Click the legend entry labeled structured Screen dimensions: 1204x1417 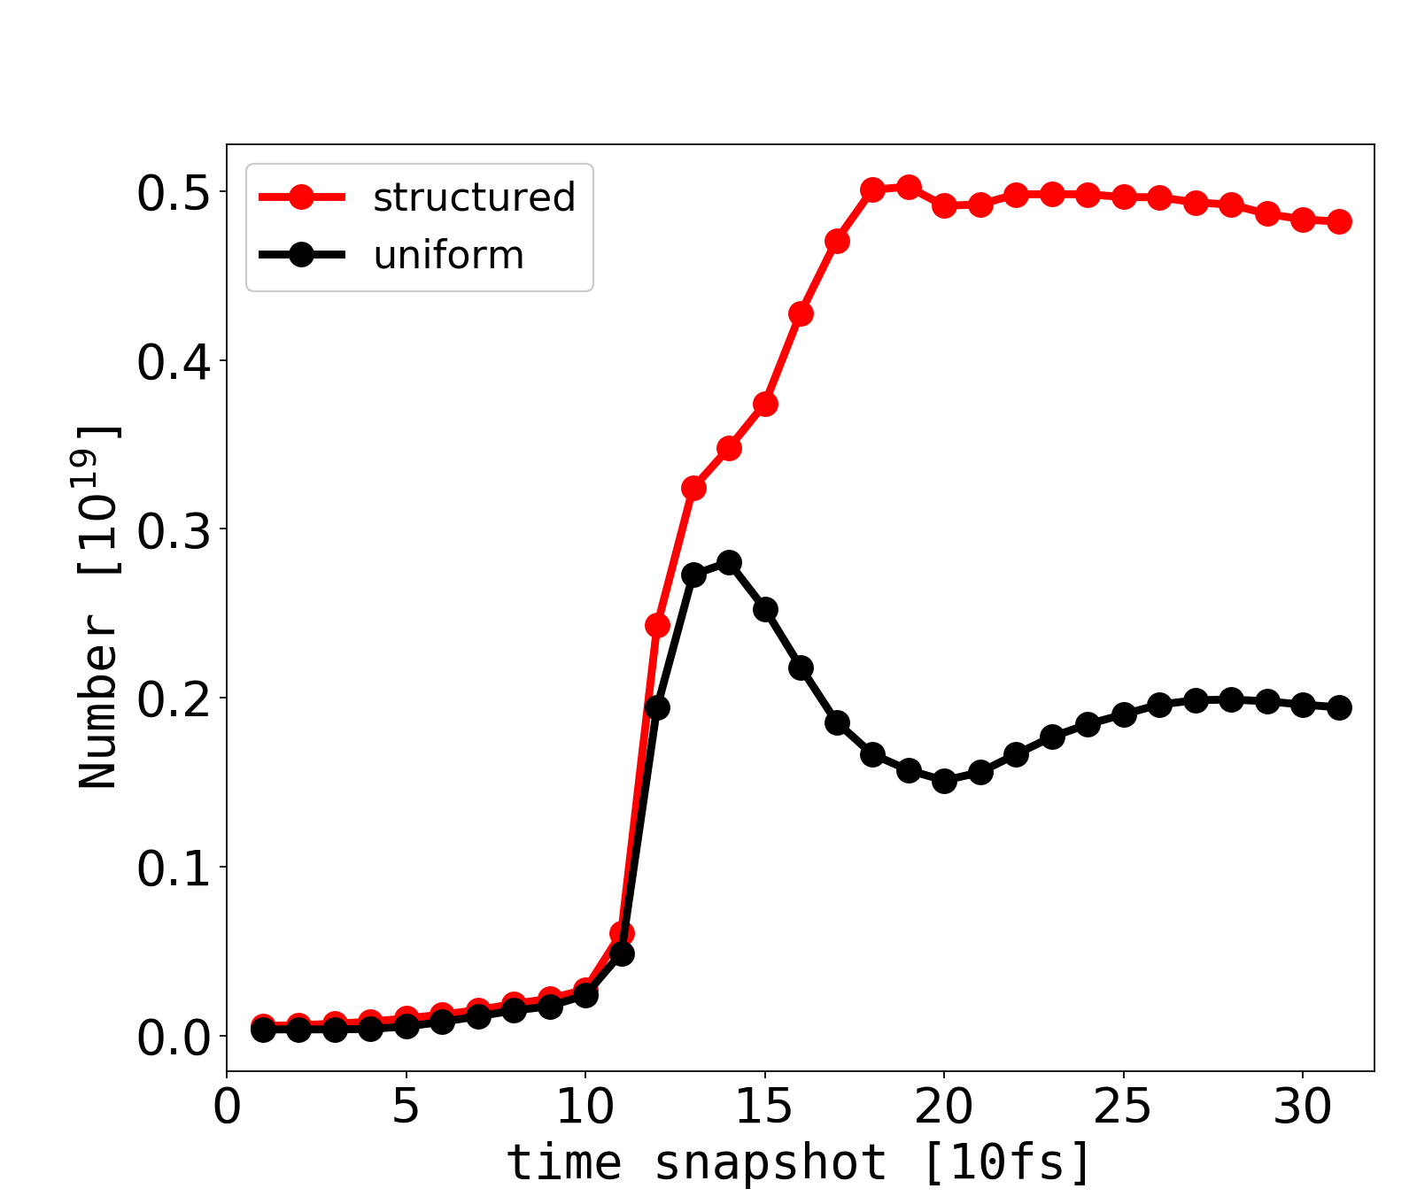(474, 197)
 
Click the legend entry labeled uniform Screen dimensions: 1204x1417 (448, 256)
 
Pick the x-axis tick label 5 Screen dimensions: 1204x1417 (406, 1108)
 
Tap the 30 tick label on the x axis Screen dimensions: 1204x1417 (1303, 1108)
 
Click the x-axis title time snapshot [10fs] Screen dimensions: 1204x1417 (800, 1162)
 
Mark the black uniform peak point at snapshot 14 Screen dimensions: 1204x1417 (729, 563)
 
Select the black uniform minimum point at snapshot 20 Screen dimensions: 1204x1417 (944, 781)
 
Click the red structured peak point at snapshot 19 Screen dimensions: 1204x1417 (909, 187)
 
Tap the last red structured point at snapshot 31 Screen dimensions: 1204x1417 (1339, 221)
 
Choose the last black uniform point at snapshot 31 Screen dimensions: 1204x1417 (1339, 707)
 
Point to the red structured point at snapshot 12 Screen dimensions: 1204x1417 (657, 625)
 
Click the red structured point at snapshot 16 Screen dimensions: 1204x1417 (801, 313)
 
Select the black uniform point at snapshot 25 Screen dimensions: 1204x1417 (1124, 714)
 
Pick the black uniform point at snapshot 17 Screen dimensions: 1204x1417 (837, 722)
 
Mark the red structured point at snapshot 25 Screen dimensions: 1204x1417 (1124, 197)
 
